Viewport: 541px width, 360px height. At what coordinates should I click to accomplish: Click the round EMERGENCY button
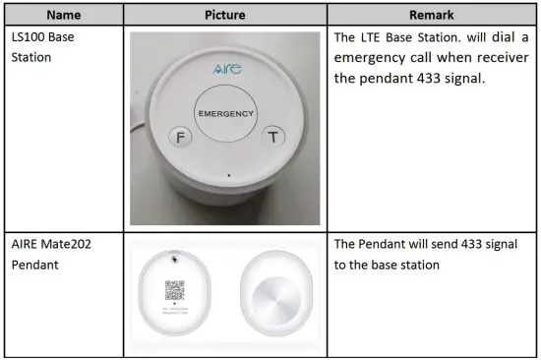(x=226, y=113)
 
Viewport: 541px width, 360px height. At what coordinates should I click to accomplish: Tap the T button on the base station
(x=275, y=138)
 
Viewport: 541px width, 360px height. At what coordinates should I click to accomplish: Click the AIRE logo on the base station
(x=226, y=72)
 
